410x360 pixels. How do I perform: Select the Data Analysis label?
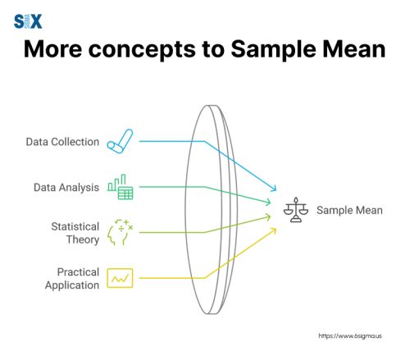tap(66, 187)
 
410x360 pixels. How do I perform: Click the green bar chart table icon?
tap(121, 187)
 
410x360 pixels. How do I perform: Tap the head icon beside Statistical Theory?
tap(122, 233)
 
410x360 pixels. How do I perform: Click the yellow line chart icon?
tap(122, 278)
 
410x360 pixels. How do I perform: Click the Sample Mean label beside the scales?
tap(349, 210)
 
